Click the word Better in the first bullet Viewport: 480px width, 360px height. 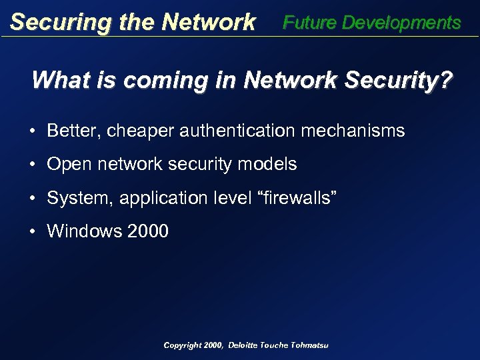pyautogui.click(x=69, y=131)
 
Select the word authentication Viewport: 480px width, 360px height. pyautogui.click(x=236, y=131)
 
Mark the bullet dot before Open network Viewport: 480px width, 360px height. pyautogui.click(x=33, y=165)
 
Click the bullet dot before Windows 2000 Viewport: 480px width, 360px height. pyautogui.click(x=33, y=232)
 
